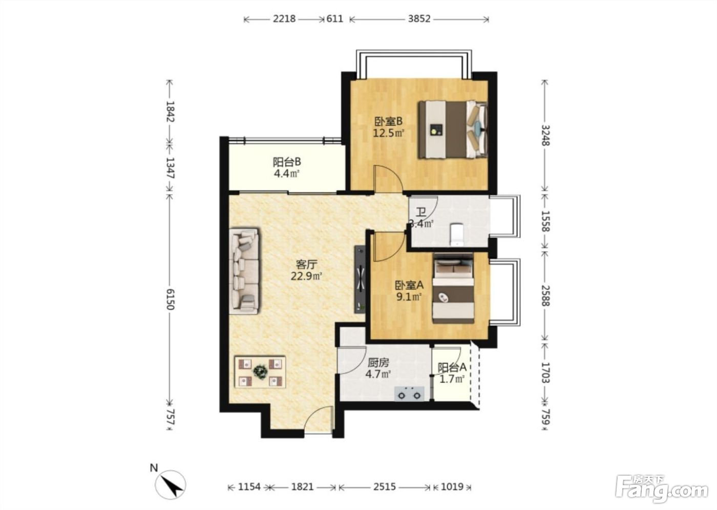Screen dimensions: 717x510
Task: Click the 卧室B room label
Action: [388, 121]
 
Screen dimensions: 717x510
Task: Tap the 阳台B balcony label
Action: [287, 162]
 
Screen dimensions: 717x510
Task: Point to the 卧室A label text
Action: [409, 285]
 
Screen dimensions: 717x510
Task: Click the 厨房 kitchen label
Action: [378, 363]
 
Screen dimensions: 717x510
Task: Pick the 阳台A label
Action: [452, 367]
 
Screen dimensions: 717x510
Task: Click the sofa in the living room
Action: [244, 271]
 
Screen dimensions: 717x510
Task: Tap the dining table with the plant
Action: [260, 372]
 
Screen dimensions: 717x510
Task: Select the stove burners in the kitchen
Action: [409, 394]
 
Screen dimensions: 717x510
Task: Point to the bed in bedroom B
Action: [453, 130]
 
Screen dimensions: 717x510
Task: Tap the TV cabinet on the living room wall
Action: [360, 279]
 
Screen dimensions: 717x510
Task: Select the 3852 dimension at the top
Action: [419, 19]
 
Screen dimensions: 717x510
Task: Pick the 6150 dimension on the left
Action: [170, 299]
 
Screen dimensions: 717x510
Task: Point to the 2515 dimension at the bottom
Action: [385, 486]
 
